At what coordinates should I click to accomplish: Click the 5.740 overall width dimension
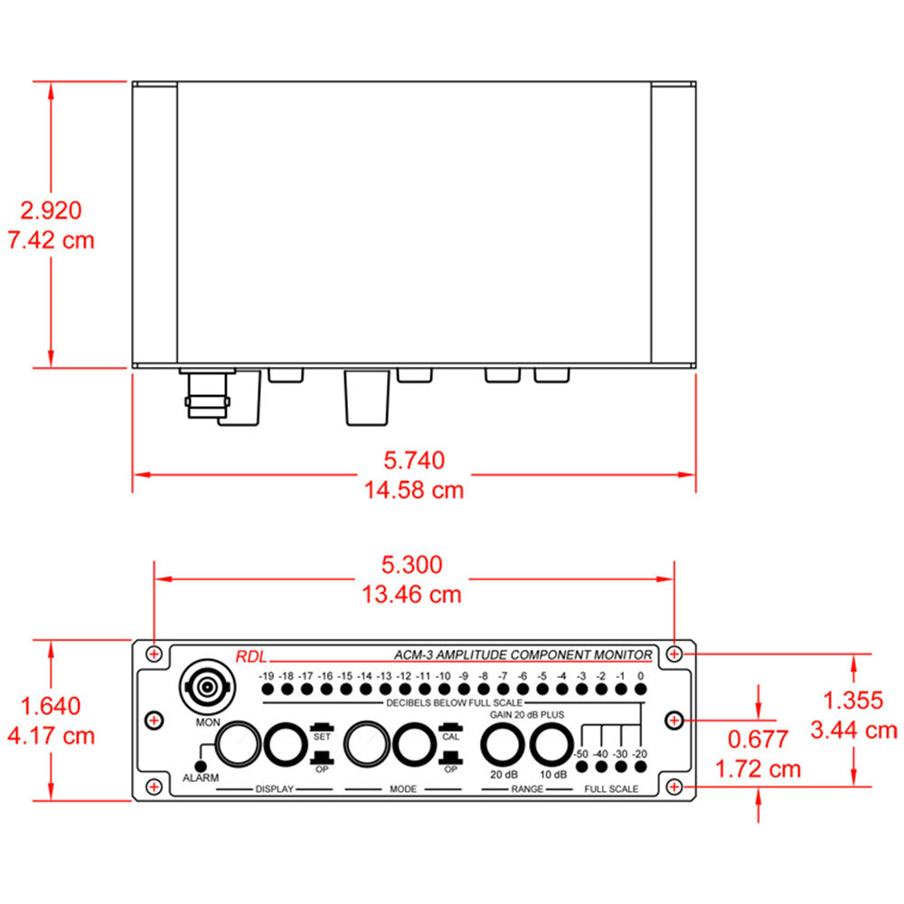[414, 460]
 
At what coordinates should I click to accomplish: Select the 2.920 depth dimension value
[52, 211]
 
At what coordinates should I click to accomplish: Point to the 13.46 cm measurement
[413, 594]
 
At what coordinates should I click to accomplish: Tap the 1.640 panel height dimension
[51, 706]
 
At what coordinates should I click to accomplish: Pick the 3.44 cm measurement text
[855, 730]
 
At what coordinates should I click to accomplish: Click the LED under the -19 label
[267, 690]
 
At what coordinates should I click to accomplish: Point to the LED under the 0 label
[640, 690]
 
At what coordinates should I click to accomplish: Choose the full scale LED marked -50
[580, 767]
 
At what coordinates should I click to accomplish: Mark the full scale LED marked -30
[620, 767]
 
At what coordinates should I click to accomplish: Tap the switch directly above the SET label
[322, 727]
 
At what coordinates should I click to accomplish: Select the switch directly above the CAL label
[450, 727]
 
